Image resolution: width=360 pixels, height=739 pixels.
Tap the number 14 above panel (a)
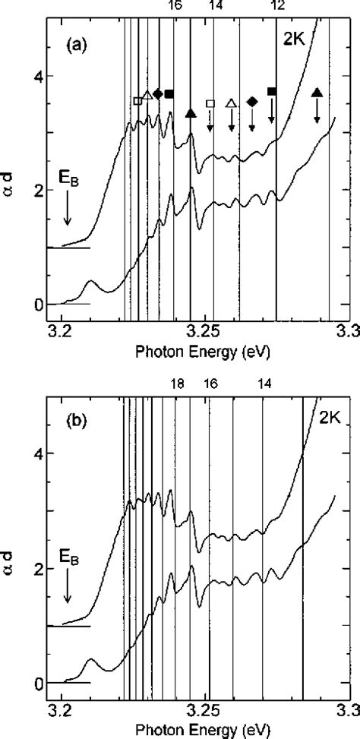(216, 6)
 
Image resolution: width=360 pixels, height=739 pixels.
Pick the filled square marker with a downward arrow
(272, 92)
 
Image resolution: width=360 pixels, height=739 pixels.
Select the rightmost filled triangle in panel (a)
(317, 93)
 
